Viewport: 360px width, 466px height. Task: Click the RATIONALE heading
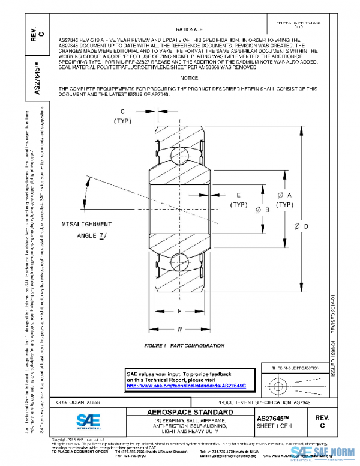coord(189,29)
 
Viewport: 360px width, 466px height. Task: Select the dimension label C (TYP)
coord(122,116)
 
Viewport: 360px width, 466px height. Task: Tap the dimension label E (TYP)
coord(239,200)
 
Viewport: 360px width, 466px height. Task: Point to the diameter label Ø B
coord(254,210)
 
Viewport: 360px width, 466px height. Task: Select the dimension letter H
coord(179,311)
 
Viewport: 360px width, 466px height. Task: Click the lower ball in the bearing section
coord(180,261)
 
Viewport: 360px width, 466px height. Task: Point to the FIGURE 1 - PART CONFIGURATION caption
coord(179,346)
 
